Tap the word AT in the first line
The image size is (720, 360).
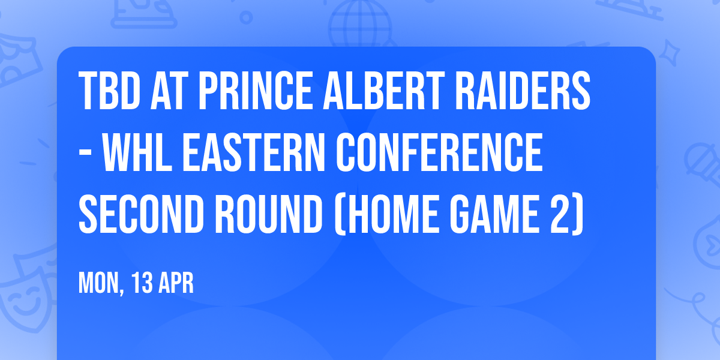pyautogui.click(x=172, y=92)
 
